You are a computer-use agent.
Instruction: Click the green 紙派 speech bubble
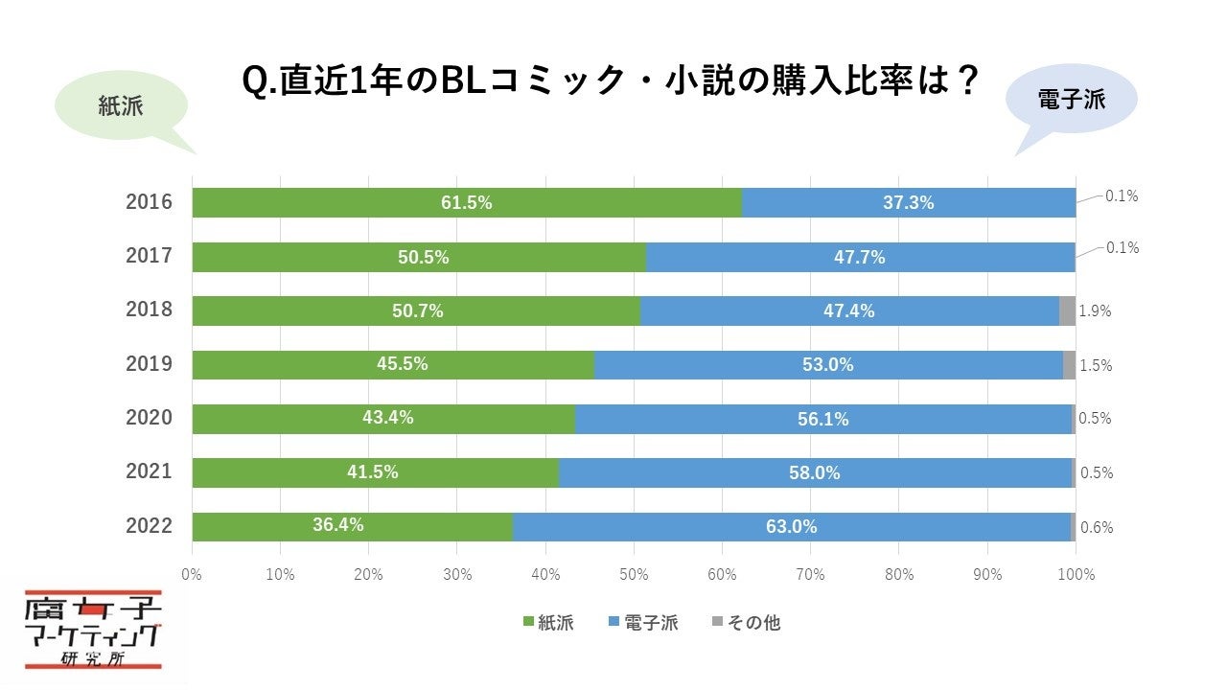tap(120, 106)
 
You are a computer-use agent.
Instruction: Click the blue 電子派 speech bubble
tap(1071, 99)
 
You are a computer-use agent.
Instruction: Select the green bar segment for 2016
tap(467, 202)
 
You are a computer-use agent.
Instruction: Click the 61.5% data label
tap(467, 202)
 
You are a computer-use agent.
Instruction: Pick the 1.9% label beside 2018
tap(1095, 310)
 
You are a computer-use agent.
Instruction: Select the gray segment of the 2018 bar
tap(1067, 310)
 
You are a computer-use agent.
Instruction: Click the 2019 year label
tap(149, 364)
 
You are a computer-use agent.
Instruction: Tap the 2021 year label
tap(149, 471)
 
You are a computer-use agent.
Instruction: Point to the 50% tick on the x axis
tap(634, 575)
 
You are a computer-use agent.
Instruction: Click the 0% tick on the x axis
tap(192, 575)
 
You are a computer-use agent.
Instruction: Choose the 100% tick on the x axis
tap(1076, 575)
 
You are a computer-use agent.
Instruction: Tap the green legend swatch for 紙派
tap(528, 623)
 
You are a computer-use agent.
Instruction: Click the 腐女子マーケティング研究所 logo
tap(93, 630)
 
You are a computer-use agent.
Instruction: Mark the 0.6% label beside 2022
tap(1097, 527)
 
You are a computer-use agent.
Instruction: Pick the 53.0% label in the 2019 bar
tap(827, 364)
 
